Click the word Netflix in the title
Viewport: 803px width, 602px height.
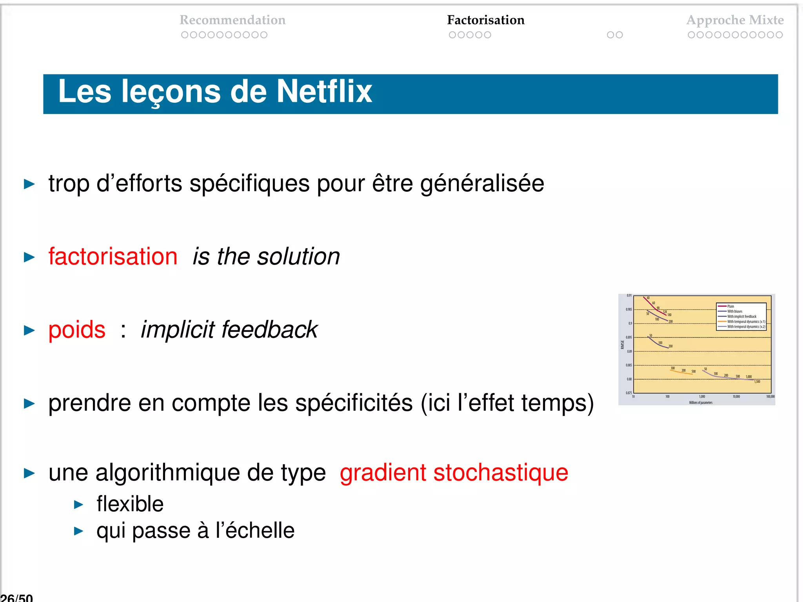[325, 91]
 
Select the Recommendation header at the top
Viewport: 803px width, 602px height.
[233, 20]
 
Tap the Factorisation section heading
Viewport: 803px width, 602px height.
[485, 20]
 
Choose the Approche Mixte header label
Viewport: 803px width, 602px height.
[735, 20]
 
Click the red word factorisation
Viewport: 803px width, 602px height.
[113, 257]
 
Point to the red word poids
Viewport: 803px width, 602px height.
[77, 330]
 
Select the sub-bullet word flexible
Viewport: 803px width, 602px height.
[130, 504]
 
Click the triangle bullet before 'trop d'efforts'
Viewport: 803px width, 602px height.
[29, 184]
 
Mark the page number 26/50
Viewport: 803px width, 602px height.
[16, 598]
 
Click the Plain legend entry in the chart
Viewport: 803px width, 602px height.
[730, 306]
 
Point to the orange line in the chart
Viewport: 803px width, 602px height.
[681, 373]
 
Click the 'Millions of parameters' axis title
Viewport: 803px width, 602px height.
[701, 403]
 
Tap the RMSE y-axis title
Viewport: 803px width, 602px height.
[622, 345]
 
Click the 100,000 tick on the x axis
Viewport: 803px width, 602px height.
[770, 397]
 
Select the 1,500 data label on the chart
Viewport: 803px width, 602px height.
[757, 381]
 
